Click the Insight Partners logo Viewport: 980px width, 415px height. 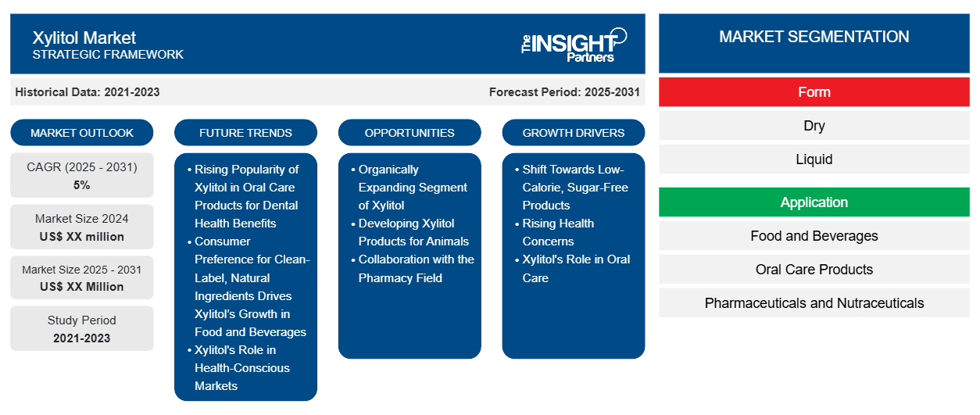(574, 45)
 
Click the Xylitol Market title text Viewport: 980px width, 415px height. (84, 38)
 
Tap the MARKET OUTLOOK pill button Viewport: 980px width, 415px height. (82, 133)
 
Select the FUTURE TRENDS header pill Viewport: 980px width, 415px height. (245, 133)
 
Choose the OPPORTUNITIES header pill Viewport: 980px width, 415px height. (410, 133)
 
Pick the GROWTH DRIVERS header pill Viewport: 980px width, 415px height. (573, 133)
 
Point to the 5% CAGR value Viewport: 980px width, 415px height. (82, 185)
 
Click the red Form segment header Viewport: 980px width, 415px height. (814, 92)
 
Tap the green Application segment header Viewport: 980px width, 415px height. (814, 202)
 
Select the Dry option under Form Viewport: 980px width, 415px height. (814, 126)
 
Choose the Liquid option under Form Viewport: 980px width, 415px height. (814, 159)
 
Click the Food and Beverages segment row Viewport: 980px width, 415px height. (814, 236)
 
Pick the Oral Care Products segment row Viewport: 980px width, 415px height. (814, 270)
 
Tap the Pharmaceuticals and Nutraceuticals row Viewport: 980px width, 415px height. (814, 302)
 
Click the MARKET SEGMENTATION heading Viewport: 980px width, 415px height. (814, 37)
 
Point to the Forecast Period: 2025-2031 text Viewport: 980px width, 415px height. (564, 92)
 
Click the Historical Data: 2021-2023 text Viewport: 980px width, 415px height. (88, 92)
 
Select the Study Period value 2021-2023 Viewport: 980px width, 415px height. (82, 338)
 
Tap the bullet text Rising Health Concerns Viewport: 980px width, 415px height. (558, 232)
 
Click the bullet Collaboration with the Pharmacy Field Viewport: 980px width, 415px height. (416, 269)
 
